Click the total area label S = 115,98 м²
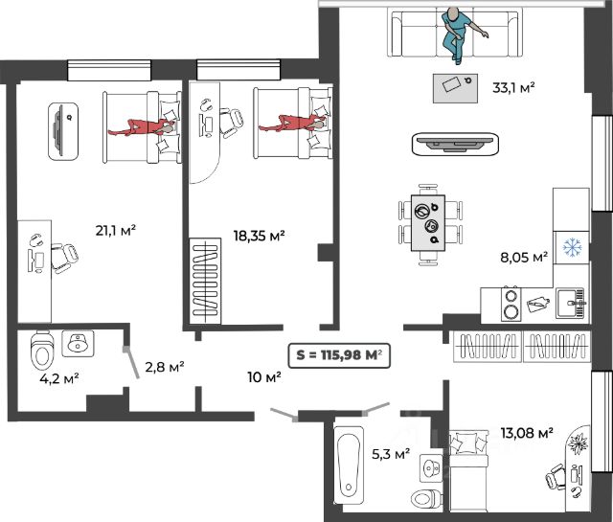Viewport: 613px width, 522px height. click(x=339, y=355)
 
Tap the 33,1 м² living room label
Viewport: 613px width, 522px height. click(x=513, y=87)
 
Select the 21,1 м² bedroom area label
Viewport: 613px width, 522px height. click(x=116, y=230)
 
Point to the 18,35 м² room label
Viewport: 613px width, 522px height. click(x=259, y=236)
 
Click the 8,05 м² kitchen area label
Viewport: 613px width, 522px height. click(x=524, y=257)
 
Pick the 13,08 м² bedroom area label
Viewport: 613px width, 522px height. click(x=527, y=433)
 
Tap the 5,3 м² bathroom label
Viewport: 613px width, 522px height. click(x=391, y=454)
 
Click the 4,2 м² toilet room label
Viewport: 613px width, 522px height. click(x=59, y=378)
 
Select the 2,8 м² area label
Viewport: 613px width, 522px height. click(x=165, y=367)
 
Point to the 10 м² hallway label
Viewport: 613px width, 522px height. click(x=264, y=377)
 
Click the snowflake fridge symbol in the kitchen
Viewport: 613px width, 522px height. click(x=573, y=247)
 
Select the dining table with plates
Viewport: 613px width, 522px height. click(x=428, y=223)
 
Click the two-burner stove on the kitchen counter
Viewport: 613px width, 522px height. click(x=511, y=305)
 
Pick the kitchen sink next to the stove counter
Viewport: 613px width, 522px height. click(x=571, y=304)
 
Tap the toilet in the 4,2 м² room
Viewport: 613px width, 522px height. click(x=41, y=351)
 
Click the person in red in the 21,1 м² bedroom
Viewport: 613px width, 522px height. click(x=142, y=127)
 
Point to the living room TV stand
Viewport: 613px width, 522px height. click(x=456, y=144)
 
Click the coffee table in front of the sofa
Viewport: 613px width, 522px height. click(x=455, y=88)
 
